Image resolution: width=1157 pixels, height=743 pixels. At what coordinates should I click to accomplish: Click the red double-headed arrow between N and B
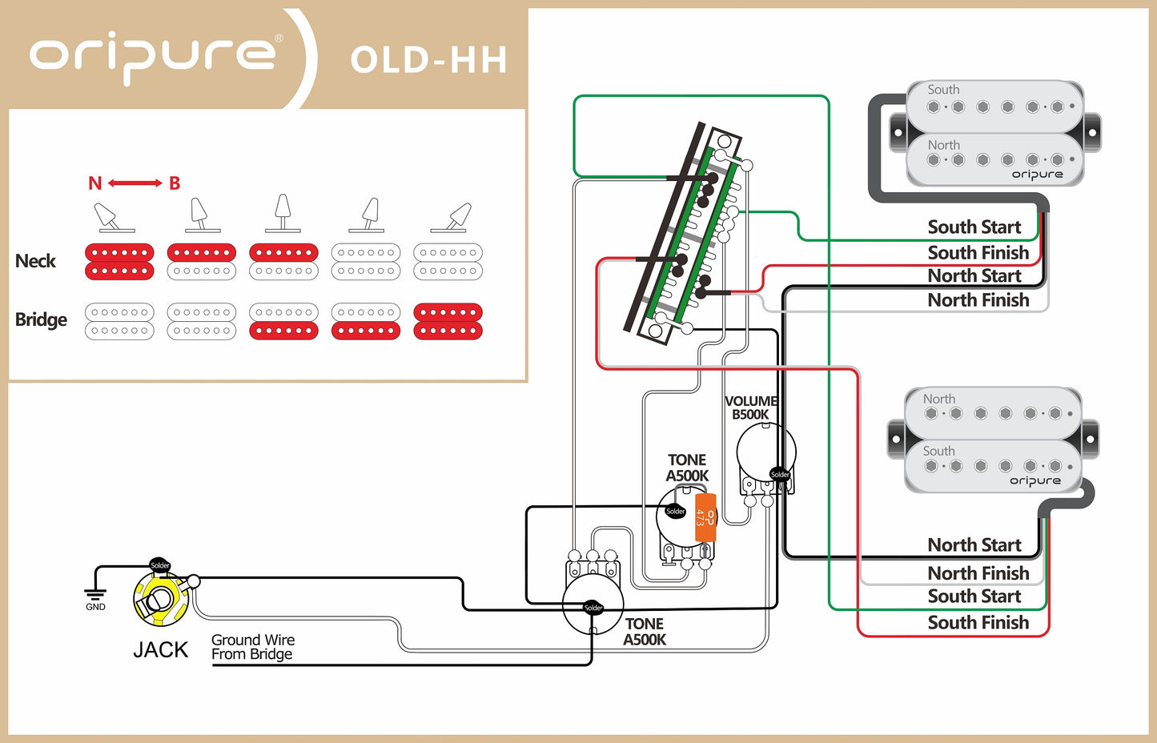coord(135,183)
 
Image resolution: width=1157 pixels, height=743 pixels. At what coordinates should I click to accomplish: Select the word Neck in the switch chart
coord(35,261)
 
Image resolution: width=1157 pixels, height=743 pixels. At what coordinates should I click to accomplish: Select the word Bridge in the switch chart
coord(41,319)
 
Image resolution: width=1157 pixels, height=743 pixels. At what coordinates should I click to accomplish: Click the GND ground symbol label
coord(95,606)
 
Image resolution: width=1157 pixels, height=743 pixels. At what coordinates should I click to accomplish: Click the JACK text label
coord(160,649)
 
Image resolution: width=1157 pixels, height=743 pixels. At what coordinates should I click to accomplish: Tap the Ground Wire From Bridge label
coord(253,647)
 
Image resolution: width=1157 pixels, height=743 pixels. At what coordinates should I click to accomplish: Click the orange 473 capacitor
coord(705,516)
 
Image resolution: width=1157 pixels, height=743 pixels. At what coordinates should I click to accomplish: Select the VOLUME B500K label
coord(750,408)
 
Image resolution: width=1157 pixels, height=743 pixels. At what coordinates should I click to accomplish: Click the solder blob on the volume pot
coord(779,474)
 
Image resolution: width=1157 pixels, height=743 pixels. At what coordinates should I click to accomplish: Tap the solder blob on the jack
coord(160,565)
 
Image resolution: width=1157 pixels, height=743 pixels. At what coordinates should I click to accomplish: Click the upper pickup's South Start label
coord(974,227)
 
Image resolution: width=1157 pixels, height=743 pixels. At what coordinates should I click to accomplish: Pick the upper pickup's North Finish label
coord(978,300)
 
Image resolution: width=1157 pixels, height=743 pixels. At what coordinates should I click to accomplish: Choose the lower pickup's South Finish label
coord(978,623)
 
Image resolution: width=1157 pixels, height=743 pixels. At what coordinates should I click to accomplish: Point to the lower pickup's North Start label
coord(974,545)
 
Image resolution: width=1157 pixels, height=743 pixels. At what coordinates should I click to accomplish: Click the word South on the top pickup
coord(943,90)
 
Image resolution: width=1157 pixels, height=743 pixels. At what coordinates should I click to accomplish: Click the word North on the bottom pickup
coord(938,399)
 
